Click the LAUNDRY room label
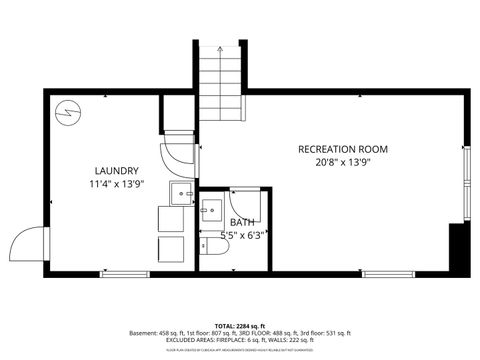coord(117,171)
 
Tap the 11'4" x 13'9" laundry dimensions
coord(117,185)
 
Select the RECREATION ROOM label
coord(343,149)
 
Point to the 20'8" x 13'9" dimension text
coord(343,163)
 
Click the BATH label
coord(242,222)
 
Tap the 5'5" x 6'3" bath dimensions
coord(242,236)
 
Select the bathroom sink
coord(212,212)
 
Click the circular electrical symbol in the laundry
coord(67,112)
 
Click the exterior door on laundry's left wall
coord(29,243)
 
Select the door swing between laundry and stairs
coord(177,151)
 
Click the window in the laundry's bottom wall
coord(125,273)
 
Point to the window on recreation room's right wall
coord(465,185)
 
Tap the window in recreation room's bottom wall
coord(390,273)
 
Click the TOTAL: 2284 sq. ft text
coord(240,325)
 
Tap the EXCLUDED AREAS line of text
coord(240,341)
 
